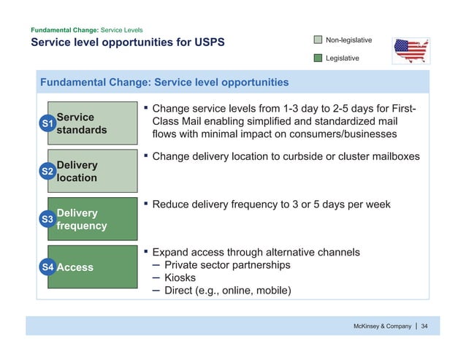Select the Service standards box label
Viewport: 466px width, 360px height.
81,123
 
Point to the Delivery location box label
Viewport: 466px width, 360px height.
77,171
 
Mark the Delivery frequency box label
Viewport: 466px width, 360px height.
81,219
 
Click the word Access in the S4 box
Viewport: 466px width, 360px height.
75,267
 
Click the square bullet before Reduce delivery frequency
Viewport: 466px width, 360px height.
146,204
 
